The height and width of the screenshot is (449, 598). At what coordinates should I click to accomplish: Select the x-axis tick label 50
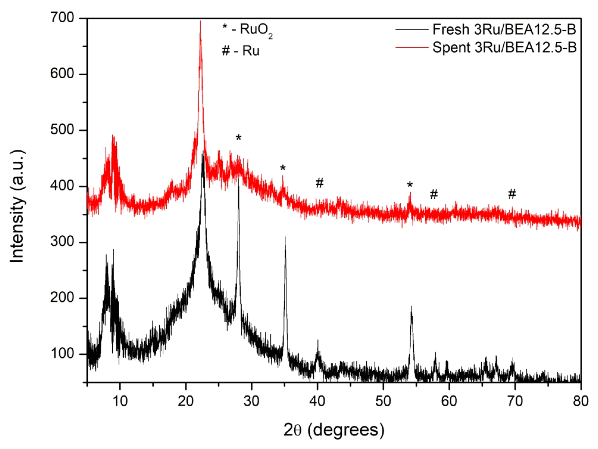(383, 401)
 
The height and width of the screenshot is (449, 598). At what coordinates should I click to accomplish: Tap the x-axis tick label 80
(581, 401)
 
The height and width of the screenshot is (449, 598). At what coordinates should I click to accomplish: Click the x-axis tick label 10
(120, 401)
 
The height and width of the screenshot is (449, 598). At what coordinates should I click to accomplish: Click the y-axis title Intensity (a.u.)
(17, 206)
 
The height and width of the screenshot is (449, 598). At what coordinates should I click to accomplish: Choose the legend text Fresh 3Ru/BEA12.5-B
(504, 29)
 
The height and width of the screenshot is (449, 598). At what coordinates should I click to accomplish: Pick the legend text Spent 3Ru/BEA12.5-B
(505, 47)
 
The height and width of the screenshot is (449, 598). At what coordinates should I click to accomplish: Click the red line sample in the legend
(412, 48)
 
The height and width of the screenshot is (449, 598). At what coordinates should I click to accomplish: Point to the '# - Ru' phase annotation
(240, 51)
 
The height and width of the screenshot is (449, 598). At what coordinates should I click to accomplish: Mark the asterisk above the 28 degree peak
(239, 137)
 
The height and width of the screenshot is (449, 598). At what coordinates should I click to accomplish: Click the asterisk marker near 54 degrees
(410, 184)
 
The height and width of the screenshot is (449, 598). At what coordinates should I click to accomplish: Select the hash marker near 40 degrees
(320, 183)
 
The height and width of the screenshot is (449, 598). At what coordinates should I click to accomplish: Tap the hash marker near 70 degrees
(512, 194)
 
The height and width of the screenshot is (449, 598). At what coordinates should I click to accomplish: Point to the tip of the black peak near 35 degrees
(285, 237)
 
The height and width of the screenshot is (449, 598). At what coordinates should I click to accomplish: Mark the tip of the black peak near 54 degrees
(411, 307)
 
